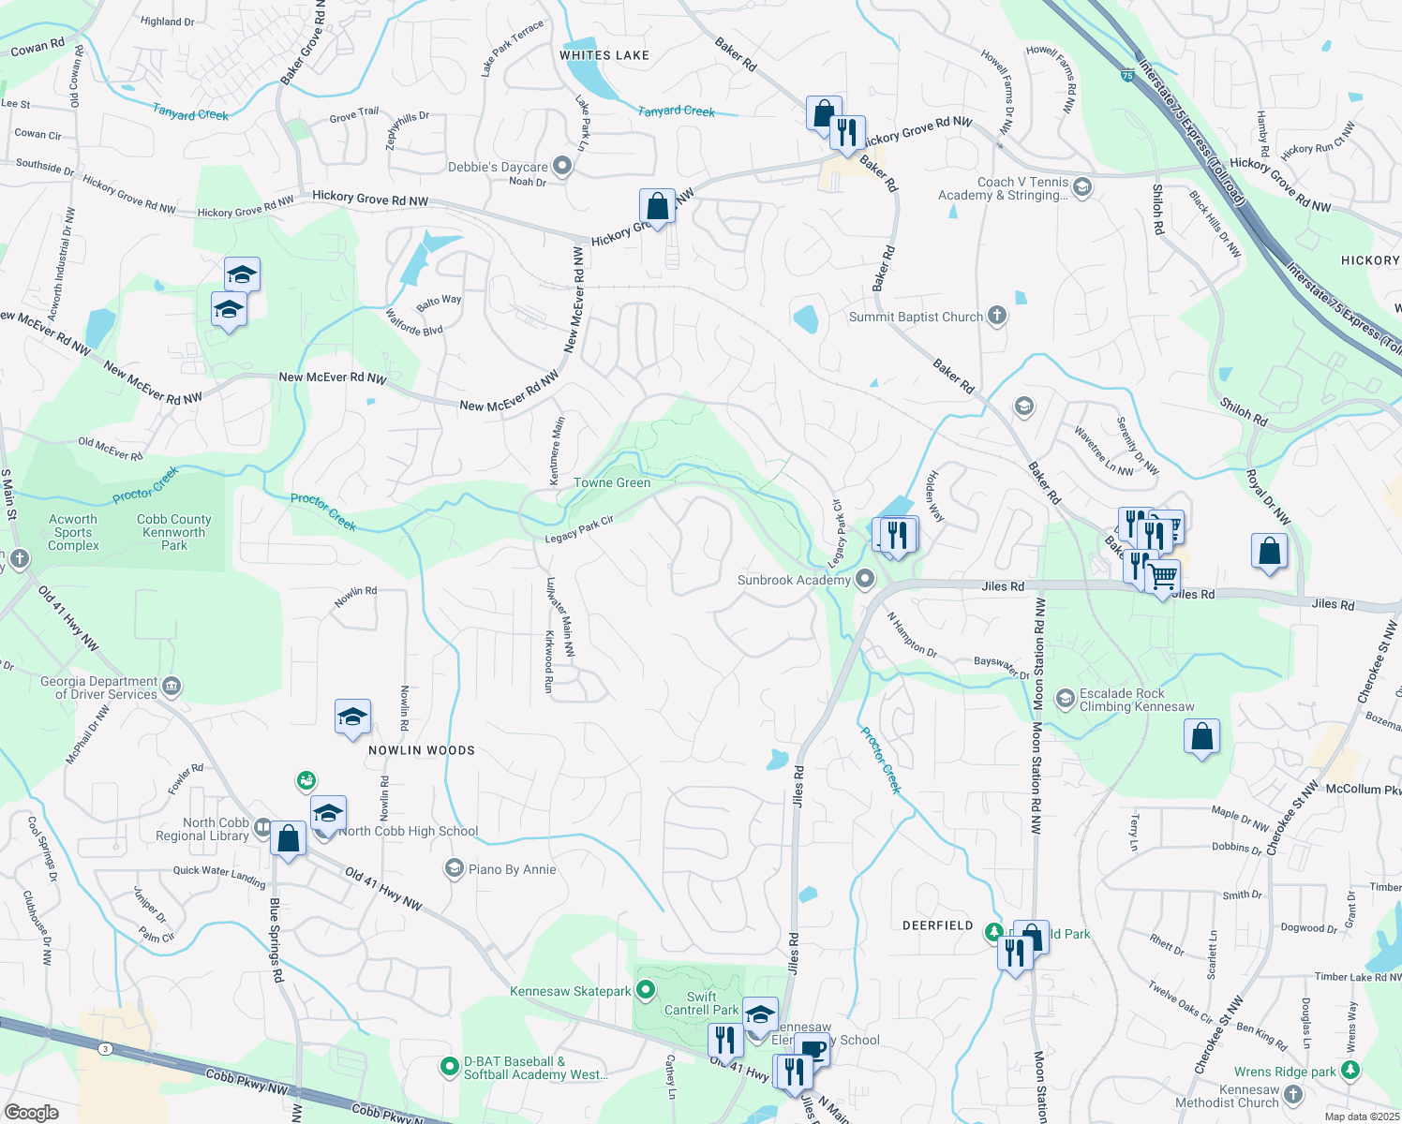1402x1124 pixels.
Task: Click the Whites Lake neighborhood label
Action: coord(604,55)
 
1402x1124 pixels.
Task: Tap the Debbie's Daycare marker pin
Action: coord(562,167)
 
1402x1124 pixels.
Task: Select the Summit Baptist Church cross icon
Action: coord(997,316)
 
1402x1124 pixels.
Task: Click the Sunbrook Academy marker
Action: coord(865,580)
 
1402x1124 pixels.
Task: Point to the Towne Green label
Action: coord(611,483)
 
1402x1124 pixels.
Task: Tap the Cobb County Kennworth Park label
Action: coord(174,532)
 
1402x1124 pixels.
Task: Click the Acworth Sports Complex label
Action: coord(73,532)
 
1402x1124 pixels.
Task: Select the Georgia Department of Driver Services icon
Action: coord(172,688)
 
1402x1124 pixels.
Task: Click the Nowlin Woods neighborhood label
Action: coord(421,750)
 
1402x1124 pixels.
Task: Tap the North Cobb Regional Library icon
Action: coord(263,828)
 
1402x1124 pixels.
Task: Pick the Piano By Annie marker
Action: coord(455,868)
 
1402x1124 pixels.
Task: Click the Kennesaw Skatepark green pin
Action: coord(645,990)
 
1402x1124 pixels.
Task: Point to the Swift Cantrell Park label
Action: coord(701,1003)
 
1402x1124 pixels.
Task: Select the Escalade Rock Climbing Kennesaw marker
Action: coord(1065,699)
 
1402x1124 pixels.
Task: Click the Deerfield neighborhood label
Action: coord(937,925)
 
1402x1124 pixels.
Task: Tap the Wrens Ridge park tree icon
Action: coord(1350,1070)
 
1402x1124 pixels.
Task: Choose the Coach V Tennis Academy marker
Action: coord(1082,186)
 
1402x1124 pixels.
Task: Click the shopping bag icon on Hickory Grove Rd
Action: coord(657,206)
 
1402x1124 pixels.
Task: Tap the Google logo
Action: coord(31,1112)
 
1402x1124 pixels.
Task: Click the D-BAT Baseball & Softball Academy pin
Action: coord(450,1066)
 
